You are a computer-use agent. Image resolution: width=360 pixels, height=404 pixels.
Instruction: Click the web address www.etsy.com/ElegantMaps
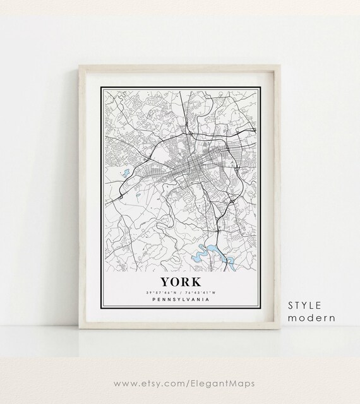(180, 382)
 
